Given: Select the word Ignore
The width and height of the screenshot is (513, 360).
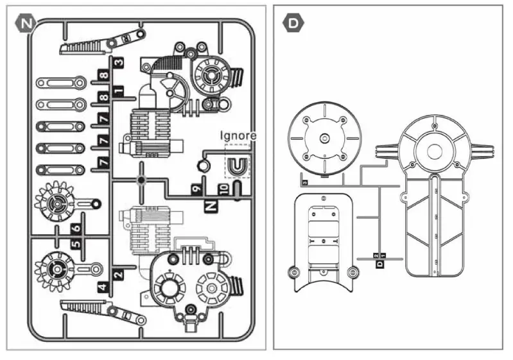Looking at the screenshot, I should click(x=238, y=135).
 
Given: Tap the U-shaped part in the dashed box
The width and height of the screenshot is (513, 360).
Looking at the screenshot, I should click(x=237, y=166).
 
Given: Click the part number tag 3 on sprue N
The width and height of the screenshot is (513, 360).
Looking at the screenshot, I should click(x=119, y=63).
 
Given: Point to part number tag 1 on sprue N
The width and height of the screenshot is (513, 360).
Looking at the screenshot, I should click(x=119, y=90).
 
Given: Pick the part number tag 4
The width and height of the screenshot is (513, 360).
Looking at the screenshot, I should click(x=103, y=286).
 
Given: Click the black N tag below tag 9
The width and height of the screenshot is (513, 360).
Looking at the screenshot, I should click(x=210, y=205).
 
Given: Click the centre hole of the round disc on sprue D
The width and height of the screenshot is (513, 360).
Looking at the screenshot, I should click(x=324, y=138).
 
